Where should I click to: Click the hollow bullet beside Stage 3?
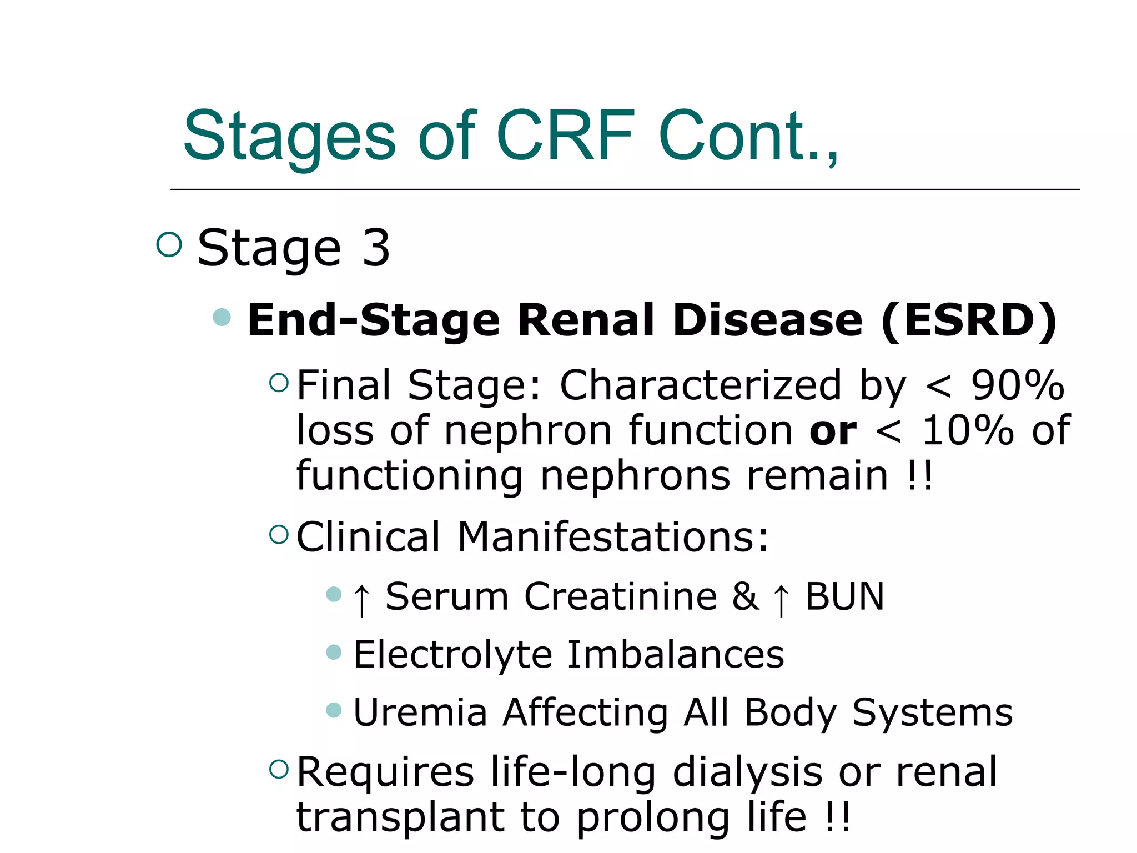[x=169, y=244]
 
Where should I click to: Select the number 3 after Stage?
[x=376, y=248]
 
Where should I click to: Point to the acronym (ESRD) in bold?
[x=969, y=321]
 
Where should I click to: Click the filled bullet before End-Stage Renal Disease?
[x=222, y=317]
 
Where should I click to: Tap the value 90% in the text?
[x=1017, y=385]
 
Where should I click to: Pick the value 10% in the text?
[x=967, y=430]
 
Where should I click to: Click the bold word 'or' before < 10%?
[x=833, y=431]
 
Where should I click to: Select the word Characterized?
[x=701, y=385]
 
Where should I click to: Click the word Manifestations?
[x=613, y=537]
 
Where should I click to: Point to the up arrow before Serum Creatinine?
[x=361, y=599]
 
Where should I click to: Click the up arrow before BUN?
[x=781, y=599]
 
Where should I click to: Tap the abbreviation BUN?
[x=844, y=597]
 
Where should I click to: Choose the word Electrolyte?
[x=452, y=655]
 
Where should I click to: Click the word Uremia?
[x=420, y=712]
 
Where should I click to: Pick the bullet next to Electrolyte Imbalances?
[x=334, y=651]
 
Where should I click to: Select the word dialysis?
[x=747, y=772]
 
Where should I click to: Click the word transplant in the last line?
[x=400, y=818]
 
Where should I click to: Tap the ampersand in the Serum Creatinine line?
[x=745, y=597]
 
